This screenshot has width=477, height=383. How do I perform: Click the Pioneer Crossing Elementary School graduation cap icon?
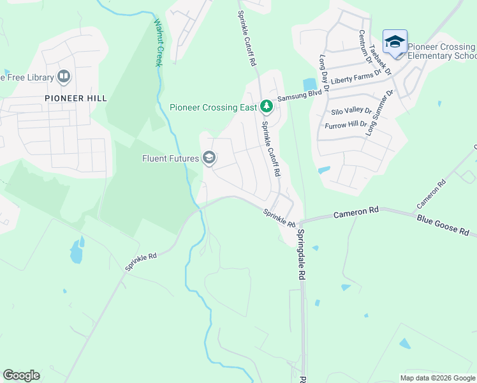(395, 42)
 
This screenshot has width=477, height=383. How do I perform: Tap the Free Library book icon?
(64, 77)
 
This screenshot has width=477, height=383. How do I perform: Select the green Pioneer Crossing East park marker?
(267, 107)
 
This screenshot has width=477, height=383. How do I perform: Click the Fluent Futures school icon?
(209, 157)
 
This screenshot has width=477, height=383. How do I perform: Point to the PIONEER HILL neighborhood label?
(75, 98)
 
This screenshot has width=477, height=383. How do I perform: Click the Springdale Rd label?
(300, 255)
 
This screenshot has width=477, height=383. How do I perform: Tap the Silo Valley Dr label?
(347, 111)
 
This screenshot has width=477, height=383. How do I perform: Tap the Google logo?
(21, 375)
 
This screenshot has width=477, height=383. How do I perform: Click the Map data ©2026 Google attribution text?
(437, 378)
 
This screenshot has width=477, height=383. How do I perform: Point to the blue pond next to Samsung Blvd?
(310, 84)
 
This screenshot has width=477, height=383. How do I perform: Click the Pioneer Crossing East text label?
(214, 107)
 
